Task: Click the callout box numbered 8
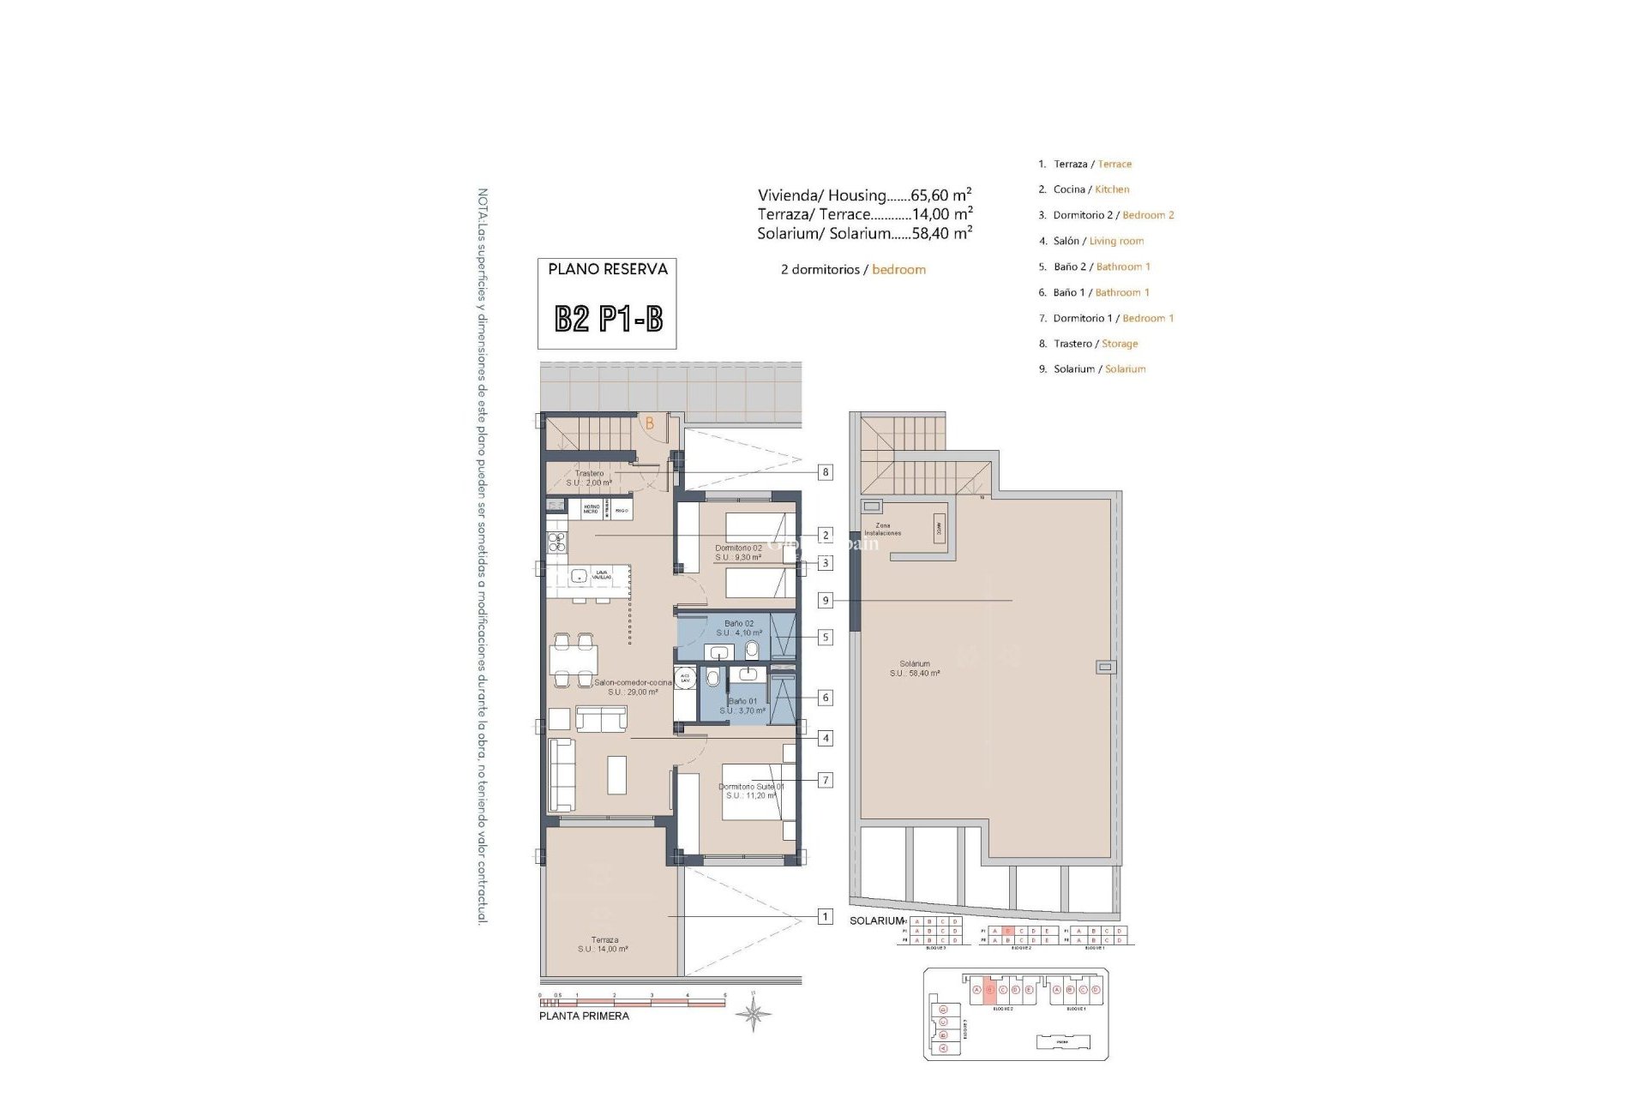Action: coord(825,471)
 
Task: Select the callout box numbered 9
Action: coord(826,601)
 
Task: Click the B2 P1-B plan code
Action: coord(608,320)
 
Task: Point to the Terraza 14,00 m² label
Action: coord(604,944)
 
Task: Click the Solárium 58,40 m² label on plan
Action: coord(915,668)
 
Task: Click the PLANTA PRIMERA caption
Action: coord(584,1016)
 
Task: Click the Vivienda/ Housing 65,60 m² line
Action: coord(864,195)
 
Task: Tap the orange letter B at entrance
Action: coord(650,423)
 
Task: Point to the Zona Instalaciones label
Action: coord(882,529)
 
